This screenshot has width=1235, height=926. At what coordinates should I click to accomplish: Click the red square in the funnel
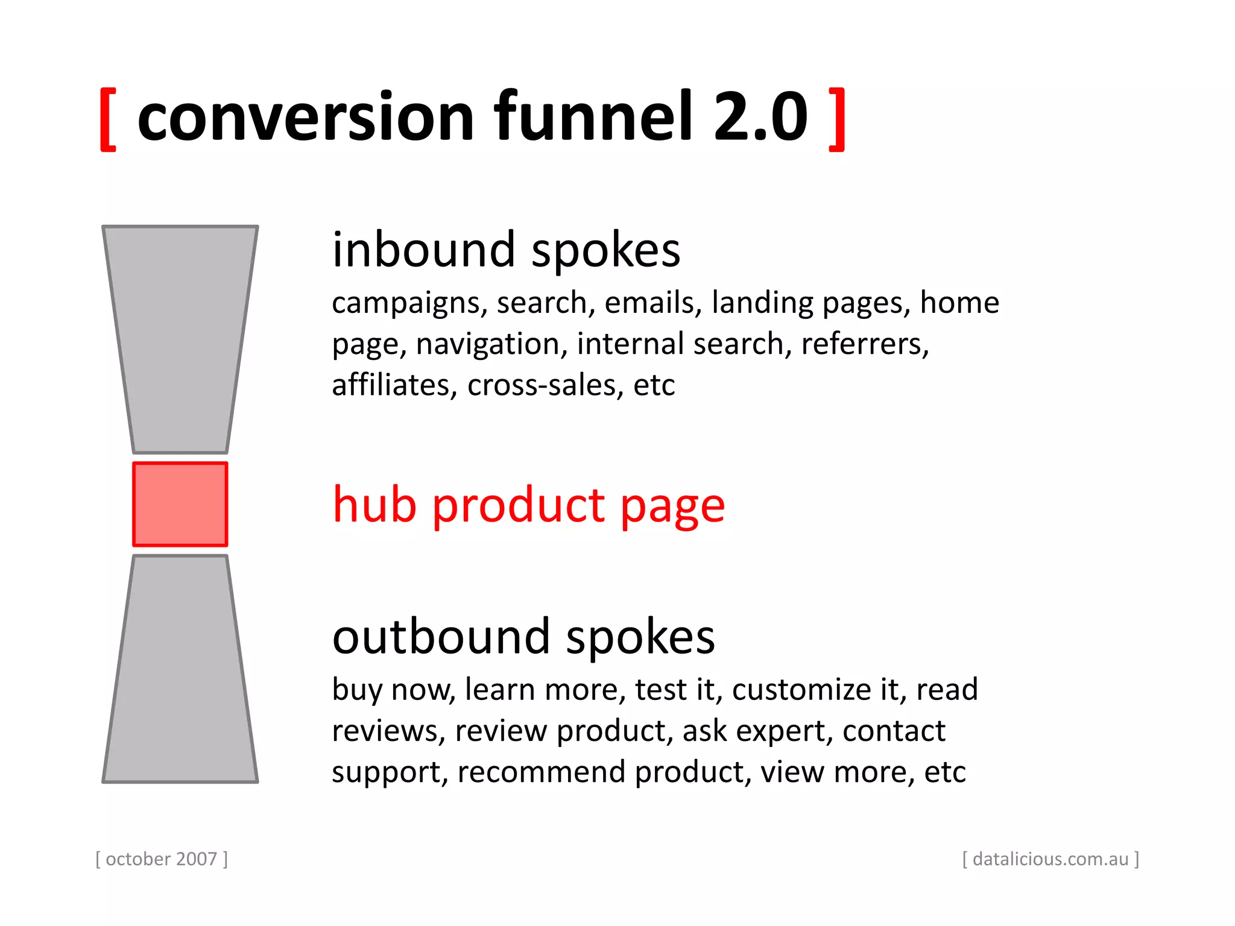tap(180, 504)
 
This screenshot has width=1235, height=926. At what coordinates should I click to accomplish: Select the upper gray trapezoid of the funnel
tap(180, 338)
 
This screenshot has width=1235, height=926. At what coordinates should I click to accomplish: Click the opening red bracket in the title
tap(108, 119)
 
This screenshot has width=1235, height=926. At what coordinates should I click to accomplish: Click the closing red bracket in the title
tap(837, 119)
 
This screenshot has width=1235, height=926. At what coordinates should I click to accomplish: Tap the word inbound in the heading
tap(423, 250)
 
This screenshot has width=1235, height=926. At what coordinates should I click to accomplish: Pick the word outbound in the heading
tap(441, 637)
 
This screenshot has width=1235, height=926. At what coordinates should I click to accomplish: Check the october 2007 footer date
tap(162, 858)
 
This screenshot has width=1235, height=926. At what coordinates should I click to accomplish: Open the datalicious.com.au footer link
tap(1050, 858)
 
